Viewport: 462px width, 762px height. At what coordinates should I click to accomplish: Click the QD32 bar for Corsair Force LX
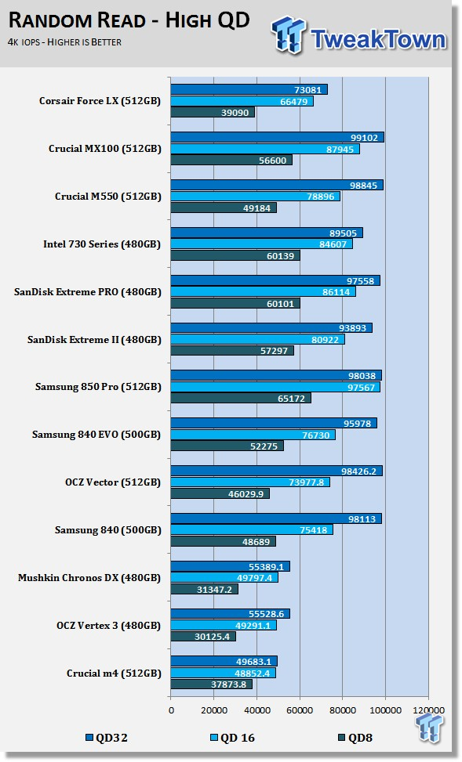coord(249,89)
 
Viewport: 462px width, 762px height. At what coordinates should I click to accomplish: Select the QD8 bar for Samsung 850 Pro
coord(241,399)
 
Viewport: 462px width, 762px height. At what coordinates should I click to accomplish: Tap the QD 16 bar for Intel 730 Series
coord(261,244)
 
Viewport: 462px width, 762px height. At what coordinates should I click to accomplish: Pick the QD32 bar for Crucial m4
coord(224,662)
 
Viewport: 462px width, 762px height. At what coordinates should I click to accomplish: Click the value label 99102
coord(364,138)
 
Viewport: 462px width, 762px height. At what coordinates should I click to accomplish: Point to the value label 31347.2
coord(213,590)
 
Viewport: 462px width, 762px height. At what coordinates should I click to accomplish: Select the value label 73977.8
coord(306,482)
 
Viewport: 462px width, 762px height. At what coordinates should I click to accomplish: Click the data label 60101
coord(280,304)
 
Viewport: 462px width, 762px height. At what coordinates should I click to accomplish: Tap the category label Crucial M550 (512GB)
coord(107,197)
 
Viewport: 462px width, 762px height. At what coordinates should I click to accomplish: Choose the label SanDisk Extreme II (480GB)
coord(94,340)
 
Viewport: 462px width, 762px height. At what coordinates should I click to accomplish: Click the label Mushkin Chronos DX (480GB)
coord(89,578)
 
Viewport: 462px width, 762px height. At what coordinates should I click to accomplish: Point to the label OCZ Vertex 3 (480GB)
coord(108,626)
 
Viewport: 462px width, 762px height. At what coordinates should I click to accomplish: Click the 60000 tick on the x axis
coord(300,710)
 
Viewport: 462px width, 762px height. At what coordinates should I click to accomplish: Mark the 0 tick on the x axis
coord(171,710)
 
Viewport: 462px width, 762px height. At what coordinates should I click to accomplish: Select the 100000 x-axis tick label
coord(386,710)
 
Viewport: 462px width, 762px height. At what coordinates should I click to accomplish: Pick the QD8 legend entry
coord(355,738)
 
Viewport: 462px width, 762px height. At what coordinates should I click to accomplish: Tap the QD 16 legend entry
coord(232,738)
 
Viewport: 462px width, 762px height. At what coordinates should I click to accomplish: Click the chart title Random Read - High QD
coord(129,20)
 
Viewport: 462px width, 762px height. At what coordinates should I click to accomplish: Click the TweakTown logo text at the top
coord(378,39)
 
